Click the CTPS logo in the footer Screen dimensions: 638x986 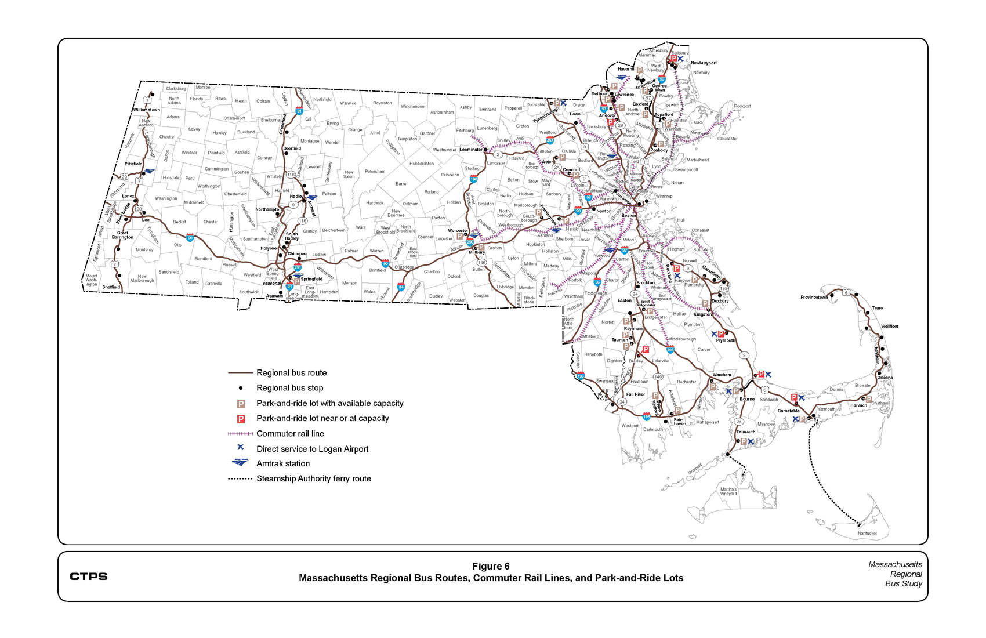click(88, 576)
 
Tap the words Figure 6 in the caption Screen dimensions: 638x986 click(491, 566)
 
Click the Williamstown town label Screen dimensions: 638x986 click(146, 110)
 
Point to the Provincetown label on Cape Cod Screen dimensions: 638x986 click(814, 297)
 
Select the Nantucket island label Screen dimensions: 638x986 click(867, 533)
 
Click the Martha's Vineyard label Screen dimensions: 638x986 click(728, 491)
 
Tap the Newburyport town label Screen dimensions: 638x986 click(704, 63)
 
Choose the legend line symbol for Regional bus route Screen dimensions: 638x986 click(241, 373)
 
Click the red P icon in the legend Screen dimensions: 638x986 click(241, 419)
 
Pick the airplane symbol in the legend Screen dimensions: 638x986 click(241, 448)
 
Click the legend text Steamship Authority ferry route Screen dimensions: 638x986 click(313, 478)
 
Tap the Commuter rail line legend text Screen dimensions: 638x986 click(290, 433)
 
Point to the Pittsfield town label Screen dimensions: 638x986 click(133, 164)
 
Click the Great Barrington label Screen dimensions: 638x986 click(122, 235)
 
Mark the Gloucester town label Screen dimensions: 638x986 click(727, 139)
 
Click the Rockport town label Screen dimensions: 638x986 click(742, 106)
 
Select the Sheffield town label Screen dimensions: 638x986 click(111, 287)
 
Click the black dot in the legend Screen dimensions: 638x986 click(241, 388)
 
